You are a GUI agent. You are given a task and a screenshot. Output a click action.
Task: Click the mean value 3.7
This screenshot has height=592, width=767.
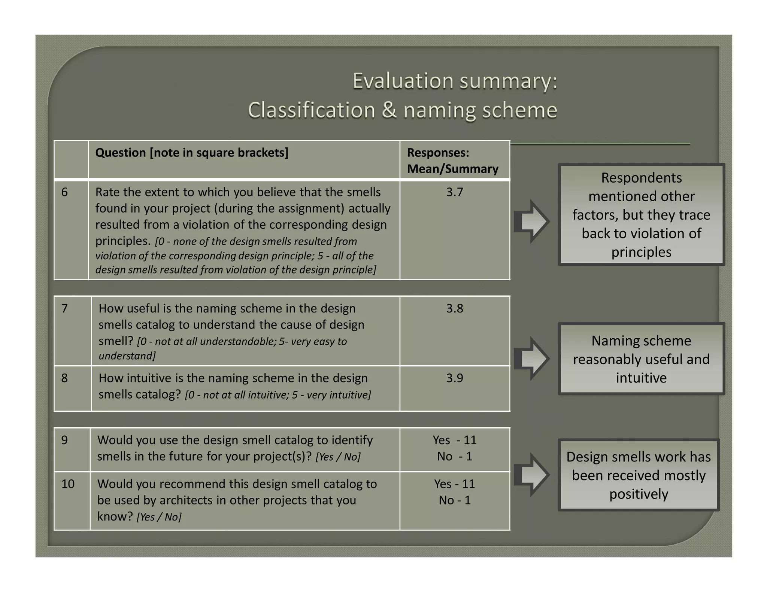tap(454, 192)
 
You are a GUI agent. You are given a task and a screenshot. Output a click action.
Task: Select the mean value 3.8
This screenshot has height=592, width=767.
tap(454, 308)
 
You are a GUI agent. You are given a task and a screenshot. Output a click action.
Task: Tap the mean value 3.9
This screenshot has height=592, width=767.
tap(454, 378)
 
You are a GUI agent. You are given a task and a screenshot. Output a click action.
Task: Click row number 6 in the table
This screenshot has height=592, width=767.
tap(64, 192)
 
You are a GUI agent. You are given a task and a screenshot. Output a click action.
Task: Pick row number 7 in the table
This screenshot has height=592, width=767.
tap(64, 308)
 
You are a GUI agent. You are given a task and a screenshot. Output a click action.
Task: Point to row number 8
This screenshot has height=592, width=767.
tap(64, 378)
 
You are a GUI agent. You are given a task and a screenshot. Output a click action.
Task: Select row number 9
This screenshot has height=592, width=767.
tap(64, 440)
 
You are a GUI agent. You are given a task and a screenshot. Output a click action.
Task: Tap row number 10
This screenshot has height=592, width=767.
tap(68, 484)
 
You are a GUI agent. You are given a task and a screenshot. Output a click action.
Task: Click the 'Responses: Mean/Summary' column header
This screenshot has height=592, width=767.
tap(452, 161)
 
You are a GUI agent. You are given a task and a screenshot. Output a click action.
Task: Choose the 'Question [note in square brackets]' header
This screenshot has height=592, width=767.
tap(192, 153)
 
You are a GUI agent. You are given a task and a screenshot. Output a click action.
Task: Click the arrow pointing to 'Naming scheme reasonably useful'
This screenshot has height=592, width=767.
tap(531, 358)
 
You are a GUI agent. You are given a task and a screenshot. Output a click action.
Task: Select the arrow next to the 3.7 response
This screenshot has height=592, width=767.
tap(531, 221)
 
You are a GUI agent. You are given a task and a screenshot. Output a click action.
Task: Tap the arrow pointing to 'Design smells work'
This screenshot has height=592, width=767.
tap(531, 475)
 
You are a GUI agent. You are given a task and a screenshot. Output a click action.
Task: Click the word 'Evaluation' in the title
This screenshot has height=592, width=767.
tap(403, 81)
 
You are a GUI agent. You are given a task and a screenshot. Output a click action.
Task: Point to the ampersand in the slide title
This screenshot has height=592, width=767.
tap(389, 110)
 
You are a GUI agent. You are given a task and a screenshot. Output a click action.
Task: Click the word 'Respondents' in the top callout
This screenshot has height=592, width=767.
tap(641, 178)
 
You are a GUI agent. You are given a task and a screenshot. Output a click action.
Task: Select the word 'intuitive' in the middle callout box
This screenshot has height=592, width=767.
tap(641, 378)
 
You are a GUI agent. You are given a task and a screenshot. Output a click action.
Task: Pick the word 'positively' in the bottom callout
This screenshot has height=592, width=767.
tap(639, 494)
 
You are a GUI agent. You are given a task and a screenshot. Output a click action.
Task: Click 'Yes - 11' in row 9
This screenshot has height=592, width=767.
tap(454, 440)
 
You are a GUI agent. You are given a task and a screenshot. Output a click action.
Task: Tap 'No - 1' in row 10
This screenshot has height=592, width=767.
tap(454, 500)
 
